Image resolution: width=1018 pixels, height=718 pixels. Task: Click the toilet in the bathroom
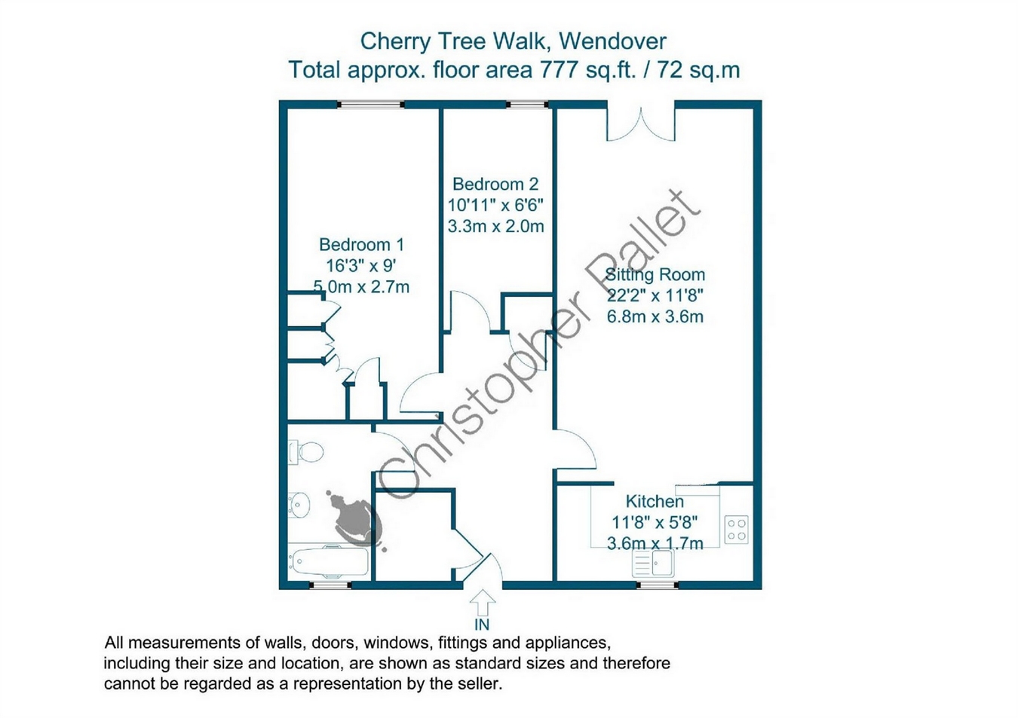[x=306, y=452]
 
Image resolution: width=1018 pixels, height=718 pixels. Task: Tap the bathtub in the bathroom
[x=329, y=561]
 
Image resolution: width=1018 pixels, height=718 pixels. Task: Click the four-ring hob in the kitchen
[x=736, y=529]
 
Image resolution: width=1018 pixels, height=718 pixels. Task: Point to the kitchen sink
[x=654, y=564]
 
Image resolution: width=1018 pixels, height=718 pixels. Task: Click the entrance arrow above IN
[x=482, y=603]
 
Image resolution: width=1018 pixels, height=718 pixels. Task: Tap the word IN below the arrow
[x=482, y=625]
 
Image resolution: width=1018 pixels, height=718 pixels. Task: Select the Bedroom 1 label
[x=361, y=245]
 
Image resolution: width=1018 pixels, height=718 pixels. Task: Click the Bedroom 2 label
[x=495, y=184]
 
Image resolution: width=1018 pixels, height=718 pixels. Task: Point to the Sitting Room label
[x=655, y=274]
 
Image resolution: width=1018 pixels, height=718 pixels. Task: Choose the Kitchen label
[x=655, y=501]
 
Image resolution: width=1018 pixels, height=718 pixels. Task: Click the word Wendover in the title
[x=612, y=41]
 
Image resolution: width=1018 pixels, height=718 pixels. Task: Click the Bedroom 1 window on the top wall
[x=371, y=105]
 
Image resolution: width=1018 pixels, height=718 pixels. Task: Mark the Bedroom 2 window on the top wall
[x=527, y=105]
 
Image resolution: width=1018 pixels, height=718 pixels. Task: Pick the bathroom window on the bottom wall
[x=330, y=585]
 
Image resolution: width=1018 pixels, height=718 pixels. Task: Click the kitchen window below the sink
[x=657, y=585]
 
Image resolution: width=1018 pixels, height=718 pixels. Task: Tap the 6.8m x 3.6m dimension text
[x=655, y=316]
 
